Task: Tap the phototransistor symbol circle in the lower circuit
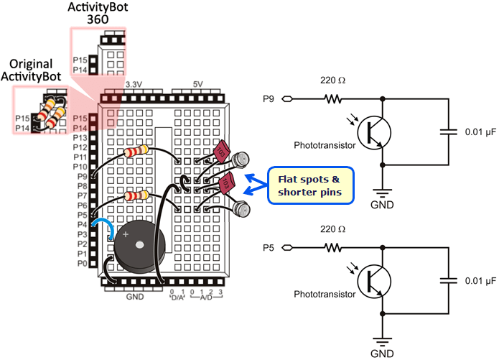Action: pos(373,281)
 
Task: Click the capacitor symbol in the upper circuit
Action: pos(449,132)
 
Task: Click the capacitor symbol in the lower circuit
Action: pos(449,281)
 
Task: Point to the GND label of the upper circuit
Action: pos(381,203)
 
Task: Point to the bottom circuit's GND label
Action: pos(381,354)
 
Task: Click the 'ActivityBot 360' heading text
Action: pos(98,14)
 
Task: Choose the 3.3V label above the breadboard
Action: pos(133,85)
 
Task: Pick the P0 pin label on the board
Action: pos(81,264)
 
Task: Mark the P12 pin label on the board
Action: pos(81,147)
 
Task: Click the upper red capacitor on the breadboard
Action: pos(223,152)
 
